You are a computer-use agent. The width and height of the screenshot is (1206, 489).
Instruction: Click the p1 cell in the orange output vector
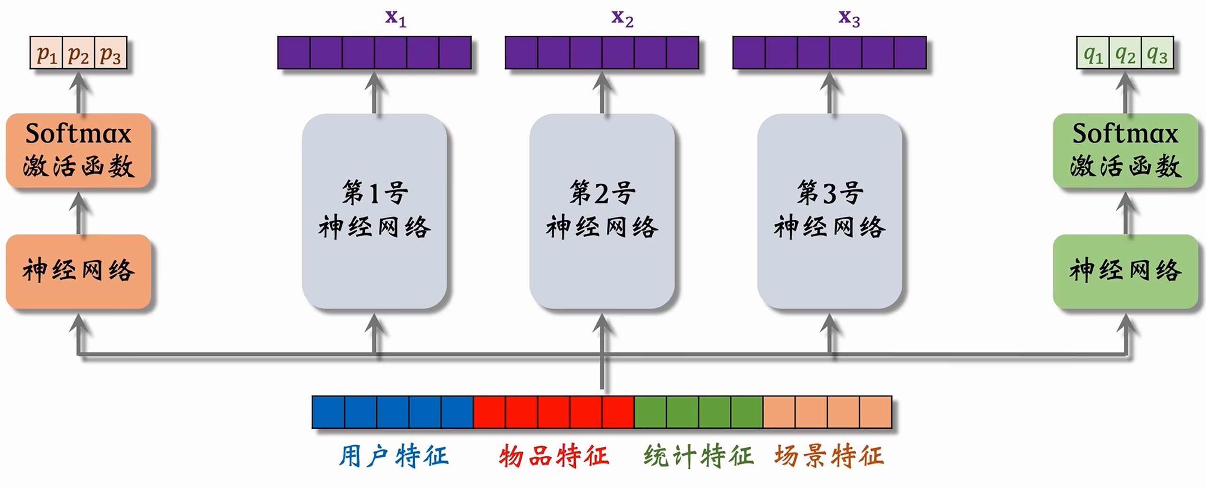point(46,53)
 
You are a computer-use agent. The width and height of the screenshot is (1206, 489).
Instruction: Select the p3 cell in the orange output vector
point(111,53)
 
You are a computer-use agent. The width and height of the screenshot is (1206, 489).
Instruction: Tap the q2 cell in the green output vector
point(1125,53)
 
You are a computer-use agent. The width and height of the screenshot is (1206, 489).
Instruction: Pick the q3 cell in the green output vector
point(1157,53)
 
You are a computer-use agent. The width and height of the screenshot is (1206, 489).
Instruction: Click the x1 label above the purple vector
point(395,18)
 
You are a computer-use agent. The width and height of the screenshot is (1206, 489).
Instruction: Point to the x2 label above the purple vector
point(622,18)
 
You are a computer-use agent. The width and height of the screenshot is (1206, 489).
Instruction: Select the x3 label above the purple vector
point(849,18)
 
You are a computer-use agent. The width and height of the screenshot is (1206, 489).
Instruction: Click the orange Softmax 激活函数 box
point(78,150)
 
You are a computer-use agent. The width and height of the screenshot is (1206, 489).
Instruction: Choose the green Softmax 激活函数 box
point(1125,150)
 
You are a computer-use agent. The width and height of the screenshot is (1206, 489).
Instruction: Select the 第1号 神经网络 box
point(374,211)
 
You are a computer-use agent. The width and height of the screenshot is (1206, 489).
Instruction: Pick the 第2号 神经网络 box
point(602,211)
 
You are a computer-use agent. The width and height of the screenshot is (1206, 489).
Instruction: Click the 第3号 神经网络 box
point(829,211)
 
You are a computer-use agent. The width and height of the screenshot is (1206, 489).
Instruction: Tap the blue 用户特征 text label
point(394,456)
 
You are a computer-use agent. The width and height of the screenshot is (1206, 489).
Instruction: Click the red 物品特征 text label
point(554,456)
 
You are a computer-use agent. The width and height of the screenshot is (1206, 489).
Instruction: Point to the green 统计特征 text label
point(698,456)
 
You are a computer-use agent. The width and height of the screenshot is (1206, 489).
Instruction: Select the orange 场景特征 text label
point(829,456)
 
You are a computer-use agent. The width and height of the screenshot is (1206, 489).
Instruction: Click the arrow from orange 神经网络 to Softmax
point(79,214)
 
